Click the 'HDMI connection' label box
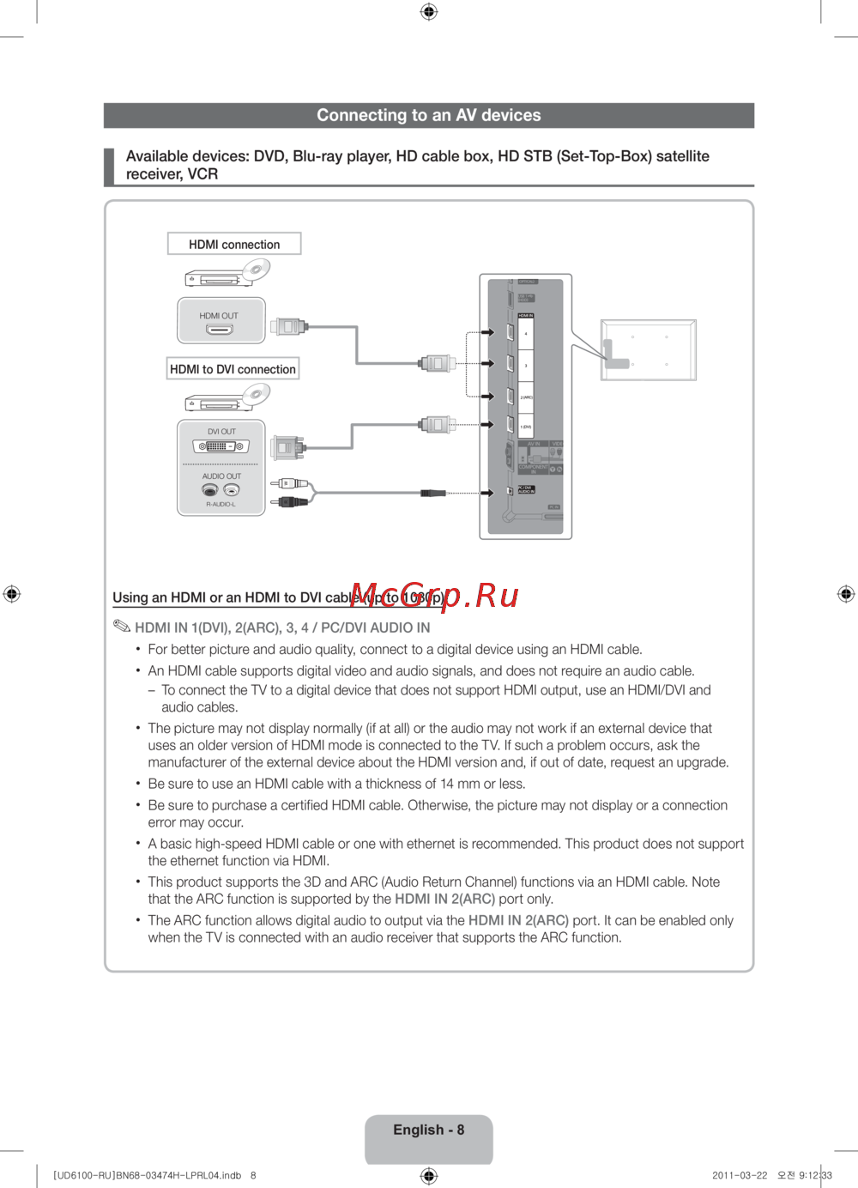pyautogui.click(x=234, y=245)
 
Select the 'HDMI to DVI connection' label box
pyautogui.click(x=233, y=369)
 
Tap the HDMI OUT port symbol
pyautogui.click(x=219, y=329)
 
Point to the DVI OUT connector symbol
pyautogui.click(x=221, y=446)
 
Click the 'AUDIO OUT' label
pyautogui.click(x=221, y=476)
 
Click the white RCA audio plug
pyautogui.click(x=290, y=484)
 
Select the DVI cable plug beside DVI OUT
pyautogui.click(x=287, y=446)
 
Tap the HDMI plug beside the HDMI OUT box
pyautogui.click(x=289, y=326)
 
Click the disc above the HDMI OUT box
pyautogui.click(x=256, y=270)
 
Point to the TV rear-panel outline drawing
pyautogui.click(x=648, y=349)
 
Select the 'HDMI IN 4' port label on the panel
pyautogui.click(x=526, y=333)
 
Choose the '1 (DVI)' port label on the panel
pyautogui.click(x=526, y=427)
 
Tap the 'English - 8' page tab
pyautogui.click(x=429, y=1130)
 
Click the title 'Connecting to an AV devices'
pyautogui.click(x=429, y=115)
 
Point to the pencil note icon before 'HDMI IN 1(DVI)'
pyautogui.click(x=122, y=626)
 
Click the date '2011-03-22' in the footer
pyautogui.click(x=740, y=1175)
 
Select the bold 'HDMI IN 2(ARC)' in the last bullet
pyautogui.click(x=518, y=920)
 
